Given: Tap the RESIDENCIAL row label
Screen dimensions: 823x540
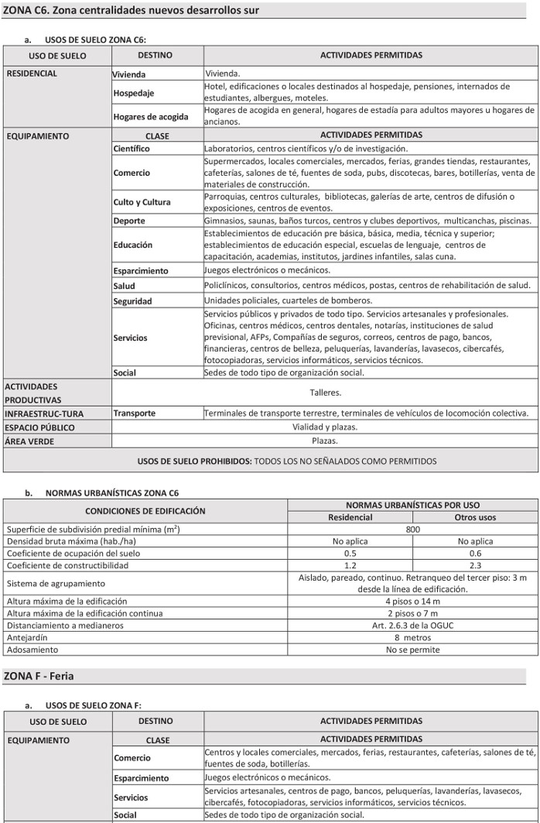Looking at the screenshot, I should point(32,74).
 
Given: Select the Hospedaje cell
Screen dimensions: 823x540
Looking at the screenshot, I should point(134,93).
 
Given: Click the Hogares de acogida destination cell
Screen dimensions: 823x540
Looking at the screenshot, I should point(151,116).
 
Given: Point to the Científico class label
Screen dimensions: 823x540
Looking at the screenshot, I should point(132,149).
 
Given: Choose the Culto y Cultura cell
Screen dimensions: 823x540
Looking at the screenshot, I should point(142,202).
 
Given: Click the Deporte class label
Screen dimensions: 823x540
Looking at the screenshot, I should point(129,221).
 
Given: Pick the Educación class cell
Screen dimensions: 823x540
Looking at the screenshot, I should point(133,245).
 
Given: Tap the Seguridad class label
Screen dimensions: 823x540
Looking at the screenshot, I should point(132,301).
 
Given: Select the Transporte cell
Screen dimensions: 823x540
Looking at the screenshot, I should point(135,413).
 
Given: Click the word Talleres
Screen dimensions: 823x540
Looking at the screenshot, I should point(325,393).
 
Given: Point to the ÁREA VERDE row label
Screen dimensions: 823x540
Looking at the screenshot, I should point(30,441).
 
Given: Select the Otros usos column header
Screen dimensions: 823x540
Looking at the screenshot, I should point(475,517).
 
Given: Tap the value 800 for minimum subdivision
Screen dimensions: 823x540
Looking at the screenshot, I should point(412,530).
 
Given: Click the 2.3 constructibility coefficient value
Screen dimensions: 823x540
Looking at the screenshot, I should point(475,566).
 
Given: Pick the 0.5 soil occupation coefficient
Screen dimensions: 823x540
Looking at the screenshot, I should point(350,554).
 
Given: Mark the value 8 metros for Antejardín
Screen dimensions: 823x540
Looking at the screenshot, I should point(412,638).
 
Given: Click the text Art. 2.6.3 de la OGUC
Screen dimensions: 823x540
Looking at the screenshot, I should point(412,626).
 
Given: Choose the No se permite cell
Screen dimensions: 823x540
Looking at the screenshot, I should point(412,650).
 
